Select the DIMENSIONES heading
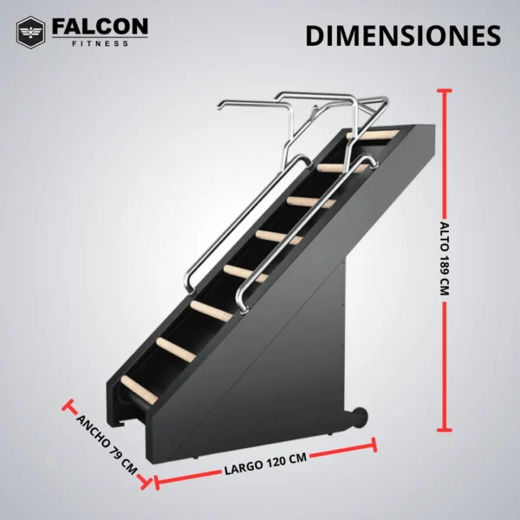click(x=403, y=36)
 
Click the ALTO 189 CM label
click(x=445, y=259)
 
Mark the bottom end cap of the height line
click(x=446, y=428)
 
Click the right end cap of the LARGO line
click(x=375, y=445)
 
